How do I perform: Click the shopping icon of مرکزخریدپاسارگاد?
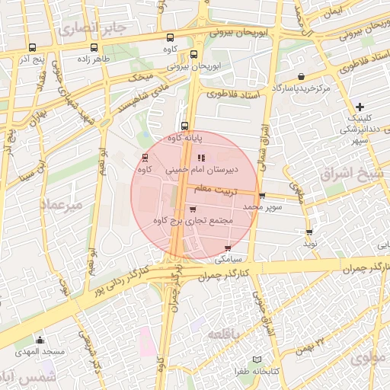tap(302, 76)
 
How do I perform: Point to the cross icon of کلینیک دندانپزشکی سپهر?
tap(360, 107)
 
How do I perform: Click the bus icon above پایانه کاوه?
tap(184, 126)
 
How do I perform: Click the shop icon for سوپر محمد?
tap(262, 196)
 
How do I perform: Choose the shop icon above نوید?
tap(308, 232)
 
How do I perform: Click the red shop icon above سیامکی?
tap(228, 248)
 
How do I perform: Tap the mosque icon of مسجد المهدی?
tap(40, 340)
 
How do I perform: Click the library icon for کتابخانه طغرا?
tap(257, 359)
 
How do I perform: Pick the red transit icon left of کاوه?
tap(145, 158)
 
